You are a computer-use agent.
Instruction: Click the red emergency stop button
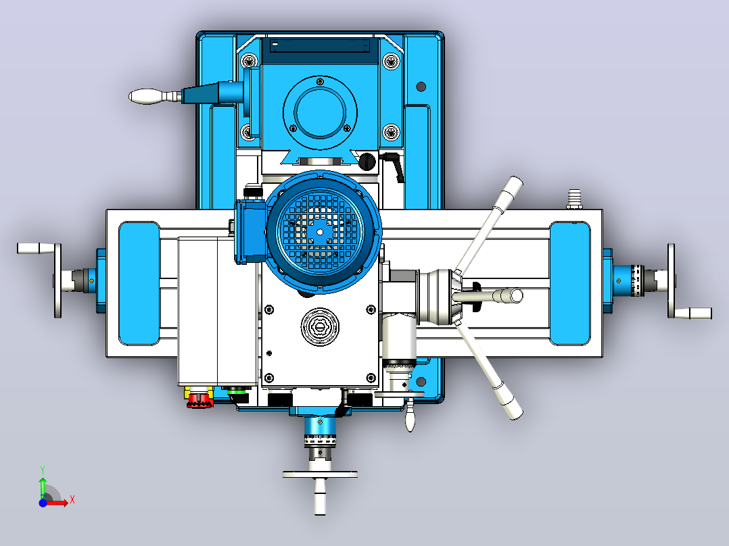[x=199, y=399]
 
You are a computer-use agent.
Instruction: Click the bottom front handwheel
[x=320, y=474]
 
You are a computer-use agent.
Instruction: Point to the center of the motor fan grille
[x=320, y=232]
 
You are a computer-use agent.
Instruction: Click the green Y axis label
[x=43, y=470]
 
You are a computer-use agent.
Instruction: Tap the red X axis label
[x=72, y=500]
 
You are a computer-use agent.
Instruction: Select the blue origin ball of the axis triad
[x=43, y=503]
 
